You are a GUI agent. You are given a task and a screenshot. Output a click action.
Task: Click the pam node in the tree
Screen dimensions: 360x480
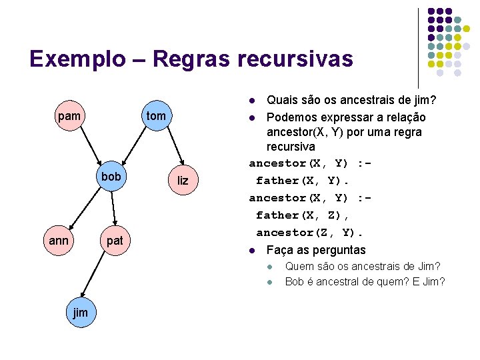tap(69, 117)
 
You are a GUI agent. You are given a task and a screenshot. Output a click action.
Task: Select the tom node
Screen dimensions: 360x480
tap(156, 117)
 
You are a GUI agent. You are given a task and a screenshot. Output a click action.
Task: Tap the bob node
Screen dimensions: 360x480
tap(111, 177)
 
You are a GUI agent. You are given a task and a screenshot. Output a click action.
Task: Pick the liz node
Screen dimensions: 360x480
tap(183, 181)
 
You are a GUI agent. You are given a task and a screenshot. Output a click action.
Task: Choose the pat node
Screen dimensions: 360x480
tap(115, 240)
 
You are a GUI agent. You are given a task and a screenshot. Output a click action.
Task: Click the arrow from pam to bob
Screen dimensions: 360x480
tap(90, 146)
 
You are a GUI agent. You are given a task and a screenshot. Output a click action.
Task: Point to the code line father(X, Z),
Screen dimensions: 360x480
tap(303, 215)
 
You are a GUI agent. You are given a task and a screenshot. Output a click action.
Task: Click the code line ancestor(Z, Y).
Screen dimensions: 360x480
tap(310, 233)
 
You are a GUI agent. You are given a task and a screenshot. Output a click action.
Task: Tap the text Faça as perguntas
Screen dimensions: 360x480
tap(315, 250)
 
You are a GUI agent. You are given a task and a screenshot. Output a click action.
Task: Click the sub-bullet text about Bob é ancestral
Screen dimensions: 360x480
tap(364, 281)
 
